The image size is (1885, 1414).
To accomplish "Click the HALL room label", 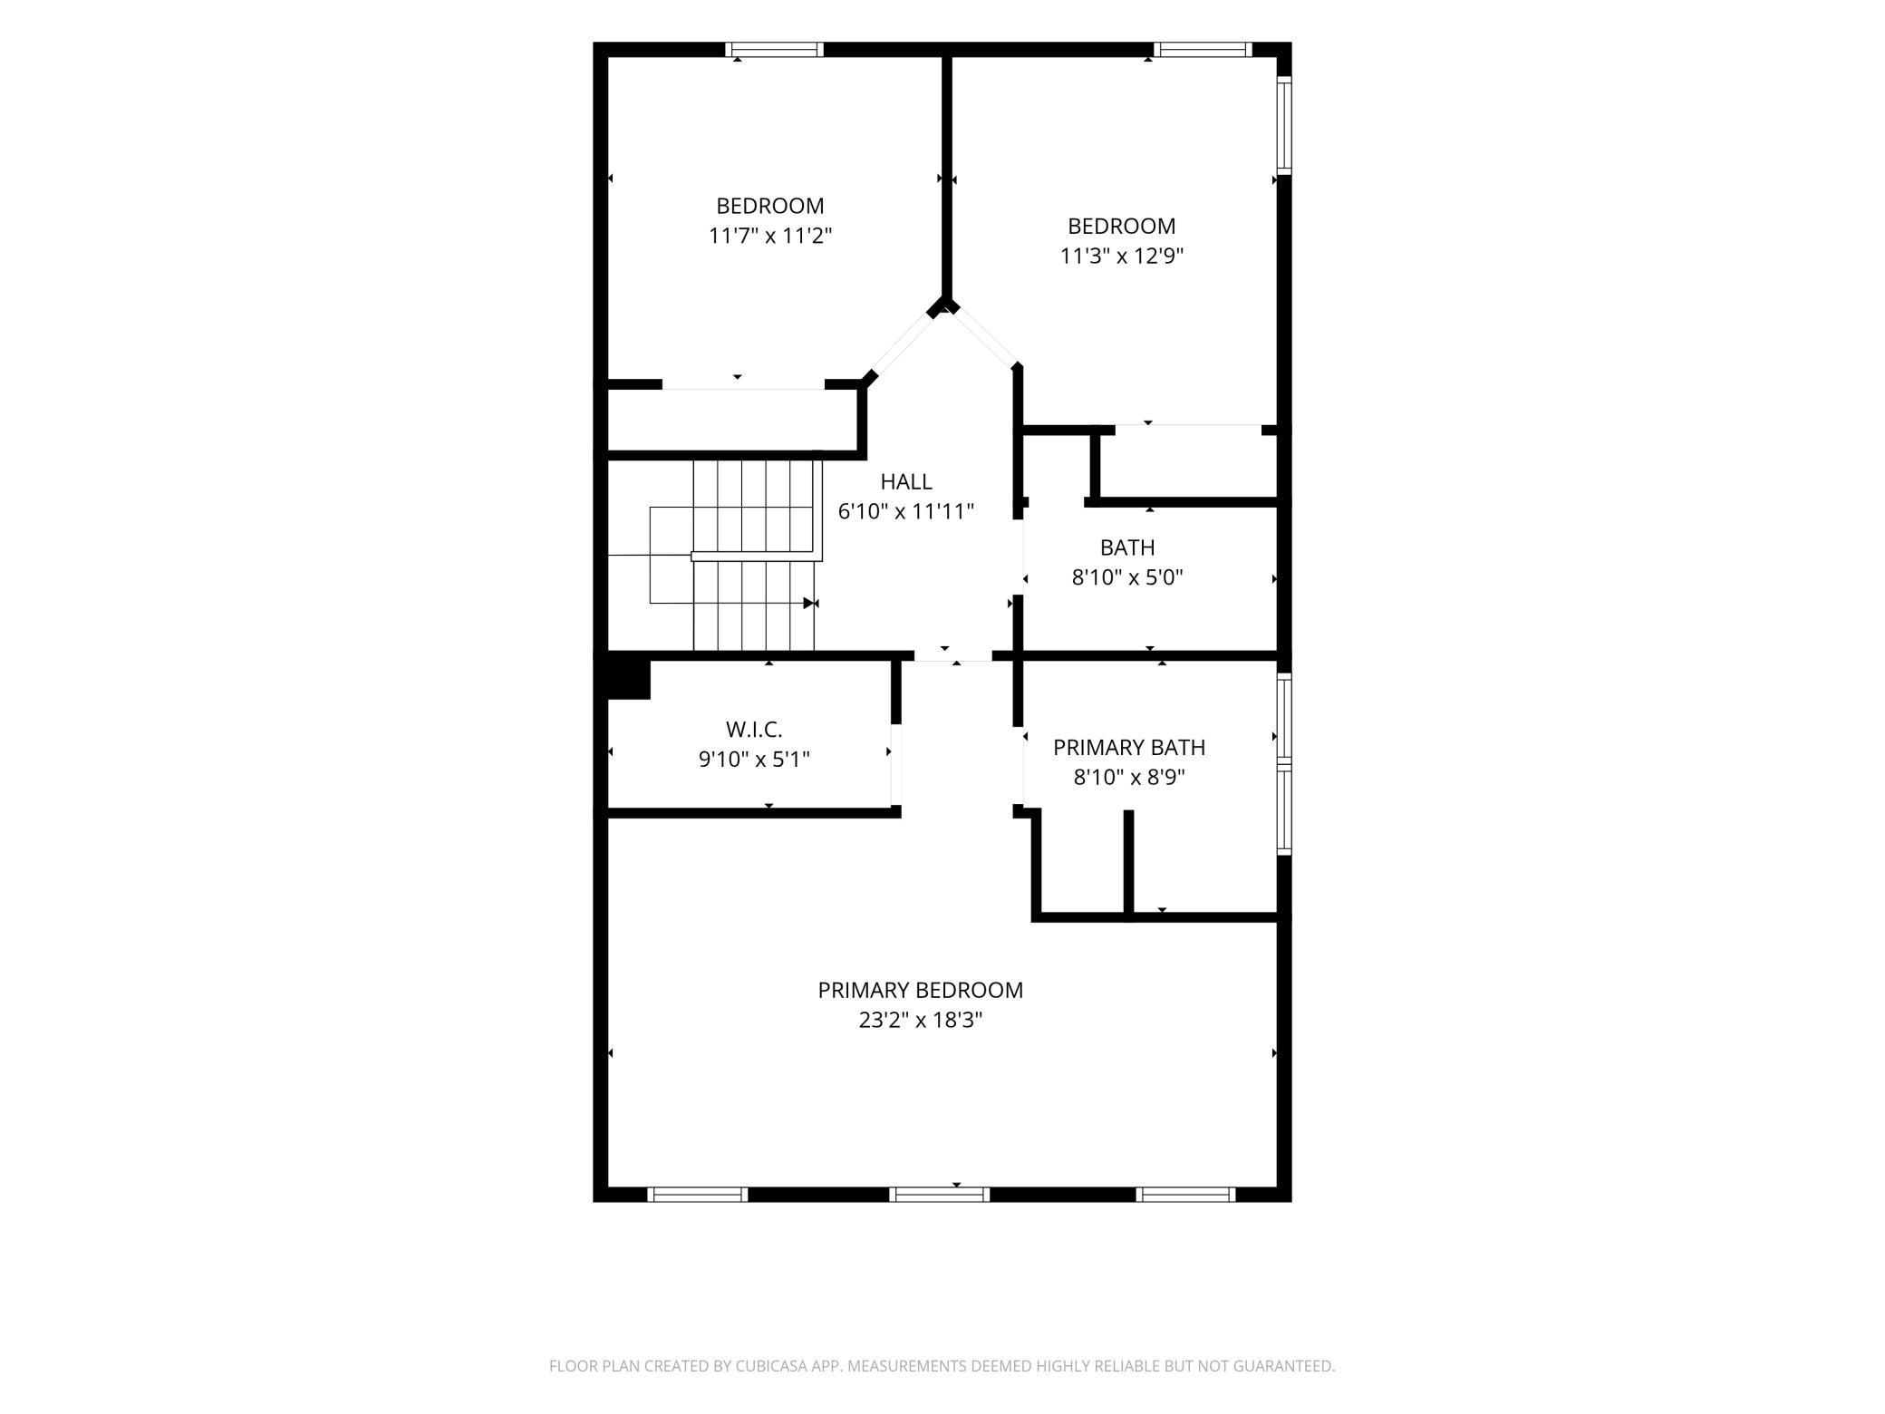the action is click(906, 481).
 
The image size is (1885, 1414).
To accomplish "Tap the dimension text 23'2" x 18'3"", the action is click(921, 1020).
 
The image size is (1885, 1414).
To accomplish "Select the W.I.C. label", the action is click(754, 729).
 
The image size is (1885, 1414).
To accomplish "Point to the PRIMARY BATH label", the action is click(1129, 747).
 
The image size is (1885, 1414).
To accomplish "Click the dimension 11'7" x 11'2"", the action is click(770, 236).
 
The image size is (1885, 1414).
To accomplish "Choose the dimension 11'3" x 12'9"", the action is click(1122, 256).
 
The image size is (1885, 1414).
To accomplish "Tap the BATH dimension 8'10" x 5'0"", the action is click(1128, 577).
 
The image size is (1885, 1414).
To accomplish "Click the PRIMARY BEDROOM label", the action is click(921, 990).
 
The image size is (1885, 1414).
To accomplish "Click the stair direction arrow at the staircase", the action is click(811, 603).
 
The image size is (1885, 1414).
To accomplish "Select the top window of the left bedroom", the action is click(775, 49).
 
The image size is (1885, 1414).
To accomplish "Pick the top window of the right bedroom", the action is click(1203, 49).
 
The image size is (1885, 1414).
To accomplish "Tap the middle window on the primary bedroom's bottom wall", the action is click(940, 1195).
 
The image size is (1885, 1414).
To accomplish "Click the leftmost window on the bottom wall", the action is click(699, 1195).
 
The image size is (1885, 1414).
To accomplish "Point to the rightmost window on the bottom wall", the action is click(1185, 1195).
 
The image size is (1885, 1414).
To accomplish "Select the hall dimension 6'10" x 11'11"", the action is click(906, 511).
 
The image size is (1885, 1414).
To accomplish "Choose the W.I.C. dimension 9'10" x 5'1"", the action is click(754, 759).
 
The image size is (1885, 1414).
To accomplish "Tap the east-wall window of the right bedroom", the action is click(1284, 125).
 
